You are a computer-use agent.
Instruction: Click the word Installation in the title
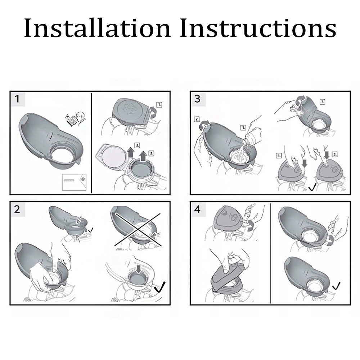[x=98, y=28]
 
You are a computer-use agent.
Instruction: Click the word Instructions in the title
[x=258, y=28]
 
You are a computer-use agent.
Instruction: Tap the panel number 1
[x=17, y=99]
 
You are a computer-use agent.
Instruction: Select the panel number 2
[x=17, y=210]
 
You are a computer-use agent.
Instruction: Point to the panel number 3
[x=197, y=99]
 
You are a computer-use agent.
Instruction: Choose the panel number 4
[x=197, y=210]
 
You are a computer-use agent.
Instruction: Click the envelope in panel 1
[x=74, y=182]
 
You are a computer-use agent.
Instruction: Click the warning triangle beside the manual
[x=67, y=116]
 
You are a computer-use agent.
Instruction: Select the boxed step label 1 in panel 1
[x=159, y=105]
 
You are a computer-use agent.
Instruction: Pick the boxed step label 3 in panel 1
[x=137, y=145]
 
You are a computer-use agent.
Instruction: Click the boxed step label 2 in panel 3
[x=197, y=119]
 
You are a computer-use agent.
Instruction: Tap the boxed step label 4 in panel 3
[x=279, y=156]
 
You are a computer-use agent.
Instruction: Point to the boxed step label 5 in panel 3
[x=335, y=154]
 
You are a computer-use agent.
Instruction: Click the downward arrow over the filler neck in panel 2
[x=139, y=269]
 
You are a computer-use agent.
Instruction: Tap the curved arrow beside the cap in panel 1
[x=154, y=112]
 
